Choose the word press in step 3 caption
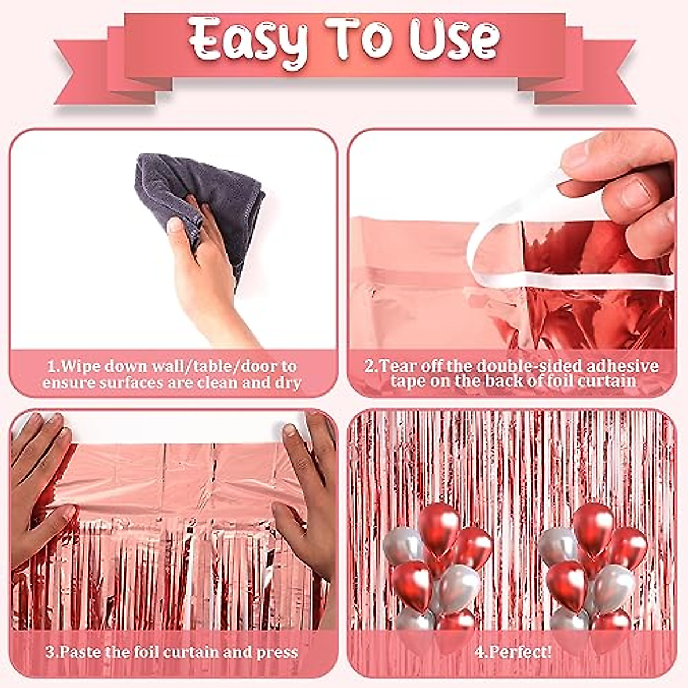(279, 652)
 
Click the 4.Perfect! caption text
(514, 652)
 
